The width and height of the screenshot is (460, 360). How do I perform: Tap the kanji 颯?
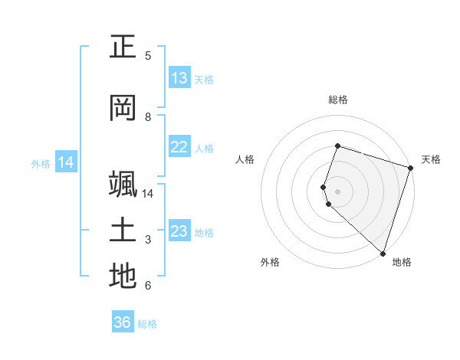tap(123, 185)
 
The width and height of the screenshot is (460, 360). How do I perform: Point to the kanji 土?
tap(123, 231)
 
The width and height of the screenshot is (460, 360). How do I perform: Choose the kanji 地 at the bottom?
tap(123, 277)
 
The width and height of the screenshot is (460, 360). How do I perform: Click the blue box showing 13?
tap(179, 78)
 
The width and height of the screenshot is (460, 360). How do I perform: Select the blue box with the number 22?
tap(179, 148)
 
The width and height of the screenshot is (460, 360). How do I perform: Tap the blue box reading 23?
tap(179, 232)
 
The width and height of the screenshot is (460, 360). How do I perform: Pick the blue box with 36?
tap(123, 322)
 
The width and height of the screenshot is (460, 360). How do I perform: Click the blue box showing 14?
tap(66, 162)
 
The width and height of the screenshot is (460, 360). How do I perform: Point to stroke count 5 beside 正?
tap(148, 56)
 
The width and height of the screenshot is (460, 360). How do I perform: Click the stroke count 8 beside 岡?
tap(148, 117)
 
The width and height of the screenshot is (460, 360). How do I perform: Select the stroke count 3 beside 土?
tap(148, 241)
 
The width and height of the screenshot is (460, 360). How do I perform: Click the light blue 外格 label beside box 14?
tap(41, 163)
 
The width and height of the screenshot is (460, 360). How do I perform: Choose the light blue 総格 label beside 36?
tap(147, 324)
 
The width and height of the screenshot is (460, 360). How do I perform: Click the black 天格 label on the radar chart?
tap(431, 159)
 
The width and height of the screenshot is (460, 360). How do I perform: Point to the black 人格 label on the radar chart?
tap(245, 159)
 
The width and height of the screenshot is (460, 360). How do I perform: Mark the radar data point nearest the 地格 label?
tap(383, 253)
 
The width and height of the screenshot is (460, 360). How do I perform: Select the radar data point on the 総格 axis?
tap(337, 146)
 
